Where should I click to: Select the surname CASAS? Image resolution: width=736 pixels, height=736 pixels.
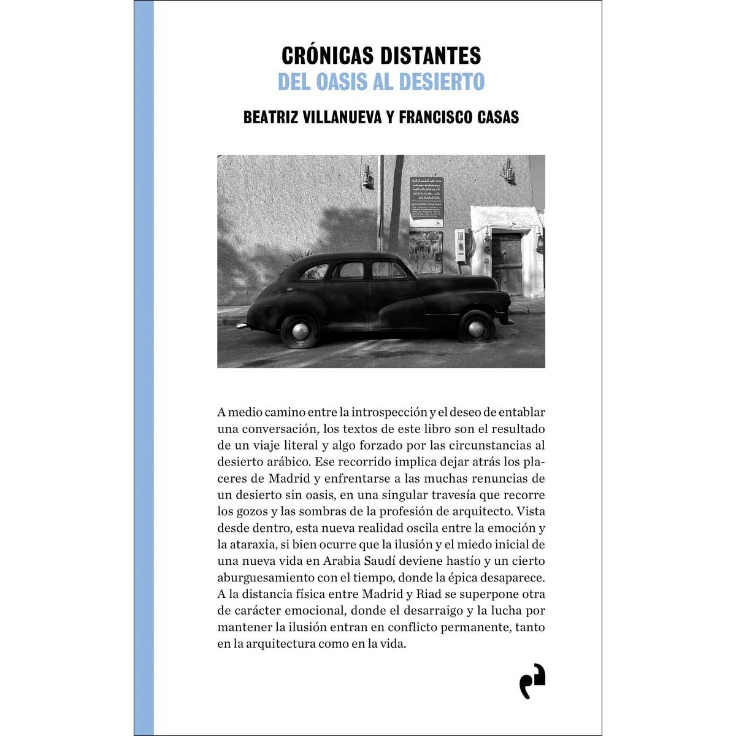point(496,117)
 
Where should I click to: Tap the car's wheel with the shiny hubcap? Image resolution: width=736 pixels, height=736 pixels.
point(300,331)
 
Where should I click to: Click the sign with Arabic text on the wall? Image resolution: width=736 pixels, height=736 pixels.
point(426,201)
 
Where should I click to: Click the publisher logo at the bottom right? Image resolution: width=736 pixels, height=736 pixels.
point(532,681)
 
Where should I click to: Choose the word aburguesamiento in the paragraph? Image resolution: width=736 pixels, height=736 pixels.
point(266,578)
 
